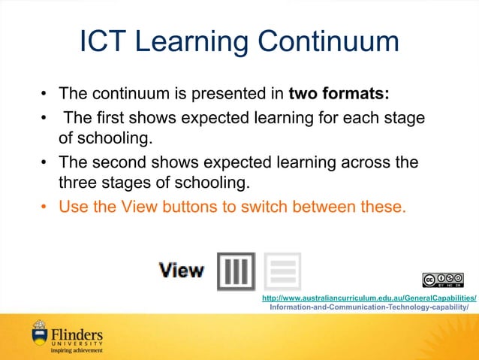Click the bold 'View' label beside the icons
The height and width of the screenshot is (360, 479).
coord(181,271)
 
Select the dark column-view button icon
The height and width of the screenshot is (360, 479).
coord(236,271)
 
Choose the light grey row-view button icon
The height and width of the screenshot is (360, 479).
coord(282,271)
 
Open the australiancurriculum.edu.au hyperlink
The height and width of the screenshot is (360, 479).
coord(369,298)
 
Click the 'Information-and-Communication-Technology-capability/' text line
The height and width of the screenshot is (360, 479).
coord(369,307)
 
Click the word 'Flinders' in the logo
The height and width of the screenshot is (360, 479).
coord(77,333)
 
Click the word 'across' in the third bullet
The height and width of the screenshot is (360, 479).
coord(345,163)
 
